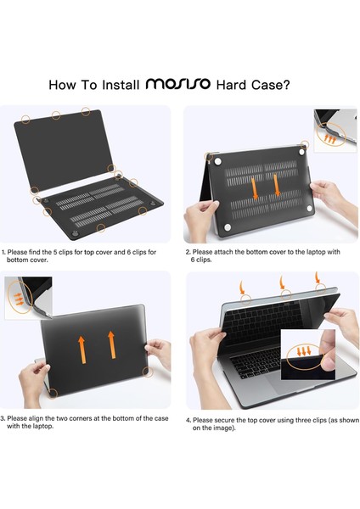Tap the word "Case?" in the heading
click(271, 84)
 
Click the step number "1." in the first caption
click(4, 252)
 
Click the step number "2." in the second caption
click(188, 252)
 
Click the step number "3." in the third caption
click(4, 417)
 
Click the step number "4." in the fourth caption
click(188, 417)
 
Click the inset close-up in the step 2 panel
click(335, 131)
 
